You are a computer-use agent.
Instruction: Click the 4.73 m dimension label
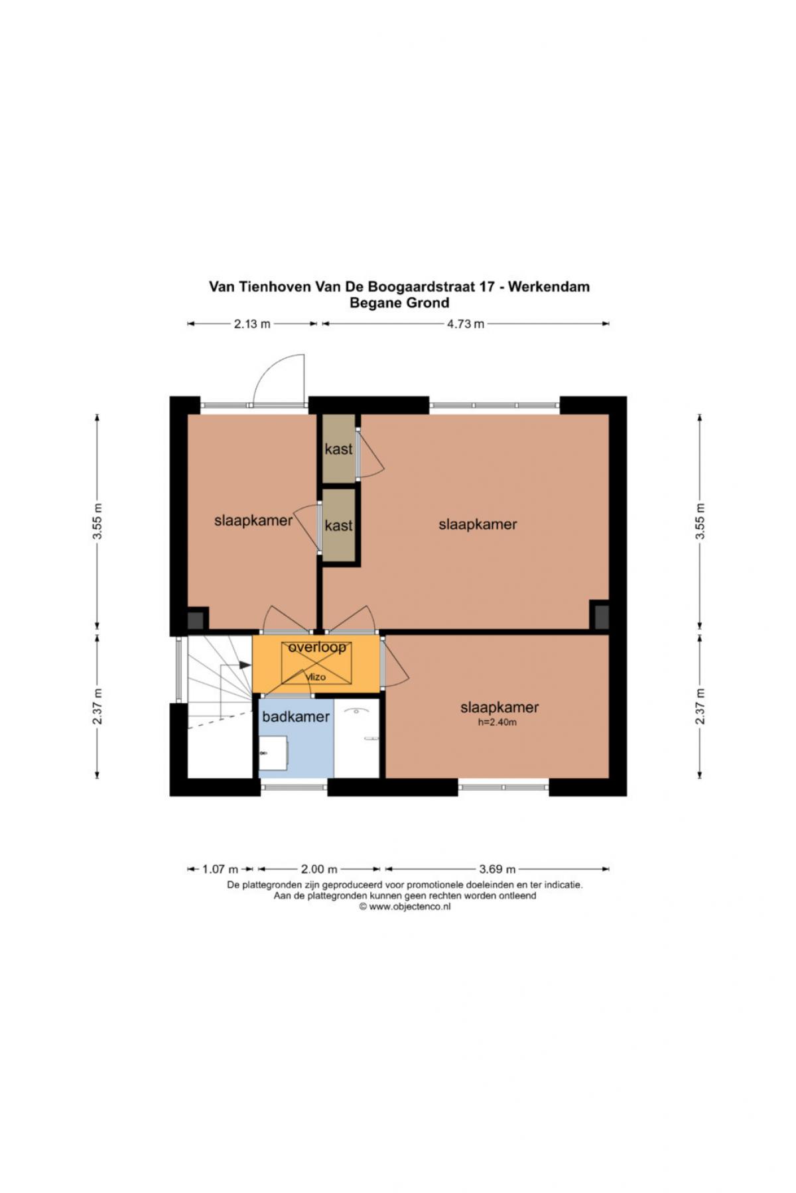[x=466, y=324]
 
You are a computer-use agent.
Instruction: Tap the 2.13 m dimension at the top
[x=252, y=324]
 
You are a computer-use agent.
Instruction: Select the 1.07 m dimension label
[x=220, y=869]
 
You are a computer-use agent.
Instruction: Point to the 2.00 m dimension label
[x=319, y=869]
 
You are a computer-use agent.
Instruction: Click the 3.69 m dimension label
[x=497, y=869]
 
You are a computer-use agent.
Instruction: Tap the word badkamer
[x=296, y=716]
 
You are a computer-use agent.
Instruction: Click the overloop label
[x=317, y=648]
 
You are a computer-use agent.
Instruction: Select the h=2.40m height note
[x=497, y=722]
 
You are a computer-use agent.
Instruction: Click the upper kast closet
[x=338, y=449]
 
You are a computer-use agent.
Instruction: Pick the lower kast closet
[x=338, y=525]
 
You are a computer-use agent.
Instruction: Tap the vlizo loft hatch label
[x=316, y=677]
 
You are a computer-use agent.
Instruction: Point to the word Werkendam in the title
[x=549, y=287]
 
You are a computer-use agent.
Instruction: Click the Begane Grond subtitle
[x=399, y=303]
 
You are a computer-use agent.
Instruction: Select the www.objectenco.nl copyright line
[x=405, y=907]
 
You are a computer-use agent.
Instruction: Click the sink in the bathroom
[x=273, y=753]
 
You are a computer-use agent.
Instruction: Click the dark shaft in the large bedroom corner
[x=600, y=617]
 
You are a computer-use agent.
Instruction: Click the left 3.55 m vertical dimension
[x=98, y=521]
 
